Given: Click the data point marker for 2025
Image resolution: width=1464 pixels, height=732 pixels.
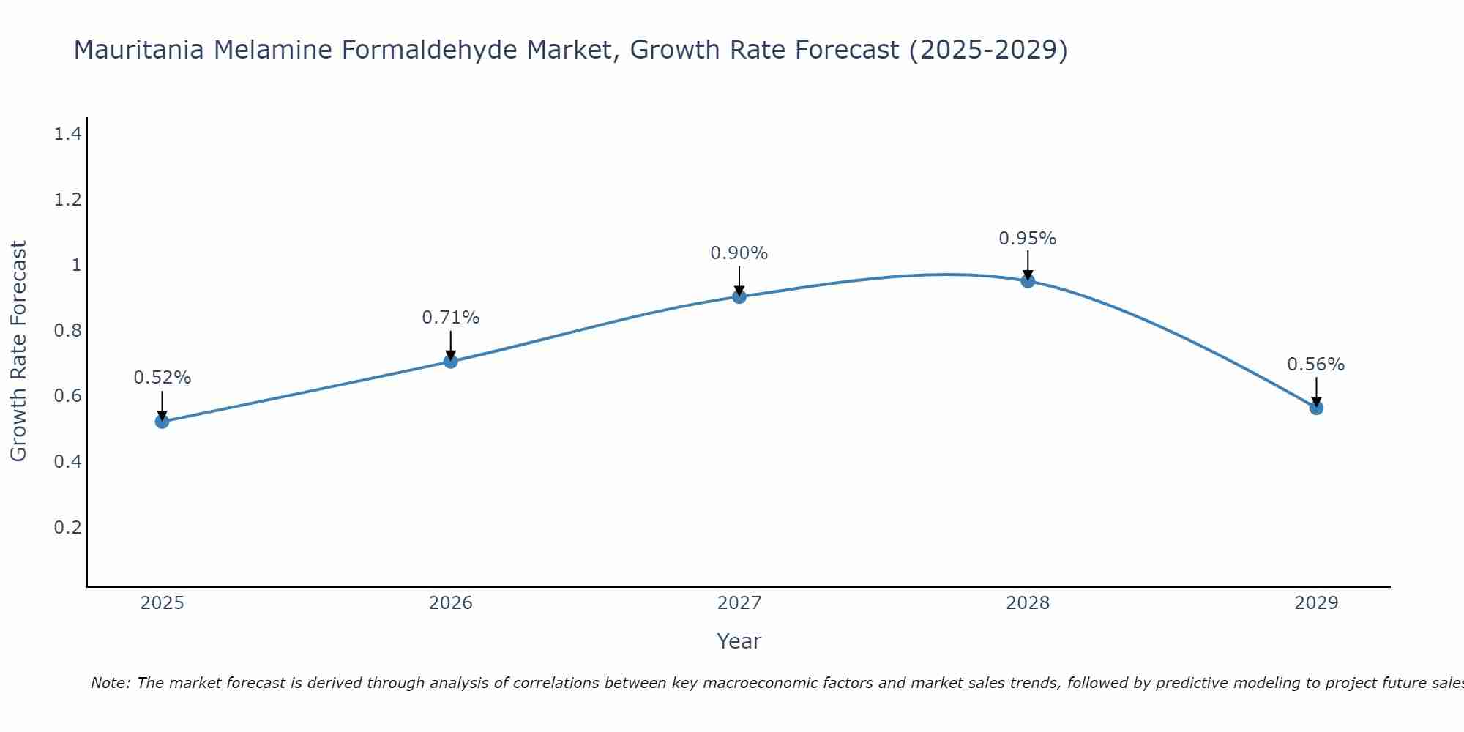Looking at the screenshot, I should [163, 421].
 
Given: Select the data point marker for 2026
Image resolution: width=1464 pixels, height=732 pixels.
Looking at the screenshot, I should [451, 361].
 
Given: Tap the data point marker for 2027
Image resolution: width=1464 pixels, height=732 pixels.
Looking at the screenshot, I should [739, 296].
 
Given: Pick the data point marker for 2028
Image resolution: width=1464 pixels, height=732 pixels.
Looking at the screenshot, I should [1028, 280].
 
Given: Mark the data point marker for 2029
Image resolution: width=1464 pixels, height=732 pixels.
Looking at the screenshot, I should [1316, 408].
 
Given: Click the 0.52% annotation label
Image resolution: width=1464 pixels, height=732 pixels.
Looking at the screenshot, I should [163, 378].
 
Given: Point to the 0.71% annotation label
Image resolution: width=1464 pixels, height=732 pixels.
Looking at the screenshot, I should [451, 318].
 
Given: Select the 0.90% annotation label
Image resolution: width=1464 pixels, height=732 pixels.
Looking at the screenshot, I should [739, 253].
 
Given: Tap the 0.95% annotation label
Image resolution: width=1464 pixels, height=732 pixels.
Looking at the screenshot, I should [1028, 239].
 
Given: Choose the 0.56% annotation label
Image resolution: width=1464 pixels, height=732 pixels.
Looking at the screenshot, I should [1316, 365].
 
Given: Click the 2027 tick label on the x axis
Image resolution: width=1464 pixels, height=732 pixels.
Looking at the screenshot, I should [739, 603].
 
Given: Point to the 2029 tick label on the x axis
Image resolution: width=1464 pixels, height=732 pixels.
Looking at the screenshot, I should [1316, 603].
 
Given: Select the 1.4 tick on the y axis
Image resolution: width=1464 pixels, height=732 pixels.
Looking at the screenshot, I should [68, 133].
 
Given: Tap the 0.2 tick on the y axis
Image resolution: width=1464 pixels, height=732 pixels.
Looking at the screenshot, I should [68, 527].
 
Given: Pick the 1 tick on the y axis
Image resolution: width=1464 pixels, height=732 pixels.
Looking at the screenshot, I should [76, 264].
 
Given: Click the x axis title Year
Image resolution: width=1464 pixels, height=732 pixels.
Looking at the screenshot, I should [739, 641].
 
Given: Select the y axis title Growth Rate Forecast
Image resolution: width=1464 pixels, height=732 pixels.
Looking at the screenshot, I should [18, 351].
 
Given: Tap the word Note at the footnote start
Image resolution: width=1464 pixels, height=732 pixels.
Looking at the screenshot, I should [110, 683].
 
